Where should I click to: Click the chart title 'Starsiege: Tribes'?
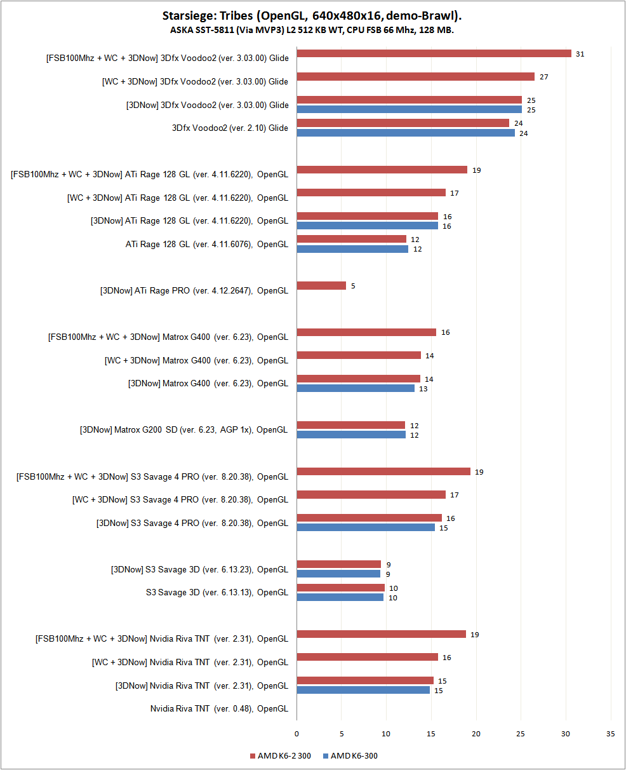(x=312, y=15)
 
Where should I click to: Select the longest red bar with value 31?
(x=434, y=53)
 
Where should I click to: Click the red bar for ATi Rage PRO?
(x=321, y=286)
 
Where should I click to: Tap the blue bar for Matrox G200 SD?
(x=350, y=435)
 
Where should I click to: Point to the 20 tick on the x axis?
(x=476, y=733)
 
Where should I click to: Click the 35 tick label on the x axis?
(x=611, y=733)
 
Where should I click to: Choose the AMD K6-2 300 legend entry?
(x=281, y=755)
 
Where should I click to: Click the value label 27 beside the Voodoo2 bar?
(x=543, y=77)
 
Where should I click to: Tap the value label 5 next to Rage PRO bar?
(x=353, y=286)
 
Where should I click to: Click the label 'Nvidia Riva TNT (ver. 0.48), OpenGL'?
(x=219, y=708)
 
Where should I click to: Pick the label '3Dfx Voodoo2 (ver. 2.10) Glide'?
(x=230, y=128)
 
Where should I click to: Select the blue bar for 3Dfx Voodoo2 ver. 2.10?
(x=405, y=133)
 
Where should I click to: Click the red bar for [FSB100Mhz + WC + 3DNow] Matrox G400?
(x=366, y=332)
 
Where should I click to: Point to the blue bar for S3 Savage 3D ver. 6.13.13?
(x=340, y=597)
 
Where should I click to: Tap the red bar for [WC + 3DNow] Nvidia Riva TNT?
(x=367, y=657)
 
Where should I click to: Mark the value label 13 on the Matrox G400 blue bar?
(x=423, y=388)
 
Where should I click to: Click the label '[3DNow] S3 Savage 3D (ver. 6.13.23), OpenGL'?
(x=199, y=569)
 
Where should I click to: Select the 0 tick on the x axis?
(x=296, y=733)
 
